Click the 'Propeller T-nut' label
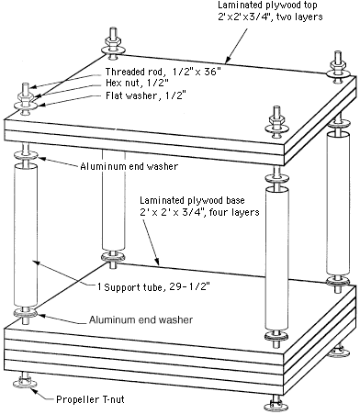click(90, 399)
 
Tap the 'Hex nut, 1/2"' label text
click(137, 83)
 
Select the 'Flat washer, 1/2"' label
click(146, 95)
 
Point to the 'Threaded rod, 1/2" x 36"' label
click(163, 72)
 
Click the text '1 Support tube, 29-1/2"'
click(153, 287)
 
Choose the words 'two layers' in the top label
click(299, 17)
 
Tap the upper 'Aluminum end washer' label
click(129, 166)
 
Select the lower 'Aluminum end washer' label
click(141, 319)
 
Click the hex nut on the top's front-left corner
click(26, 98)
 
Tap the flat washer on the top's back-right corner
click(337, 73)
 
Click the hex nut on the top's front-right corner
click(276, 120)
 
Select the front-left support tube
click(26, 236)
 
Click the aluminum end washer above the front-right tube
click(276, 178)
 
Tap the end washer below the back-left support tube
click(113, 256)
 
